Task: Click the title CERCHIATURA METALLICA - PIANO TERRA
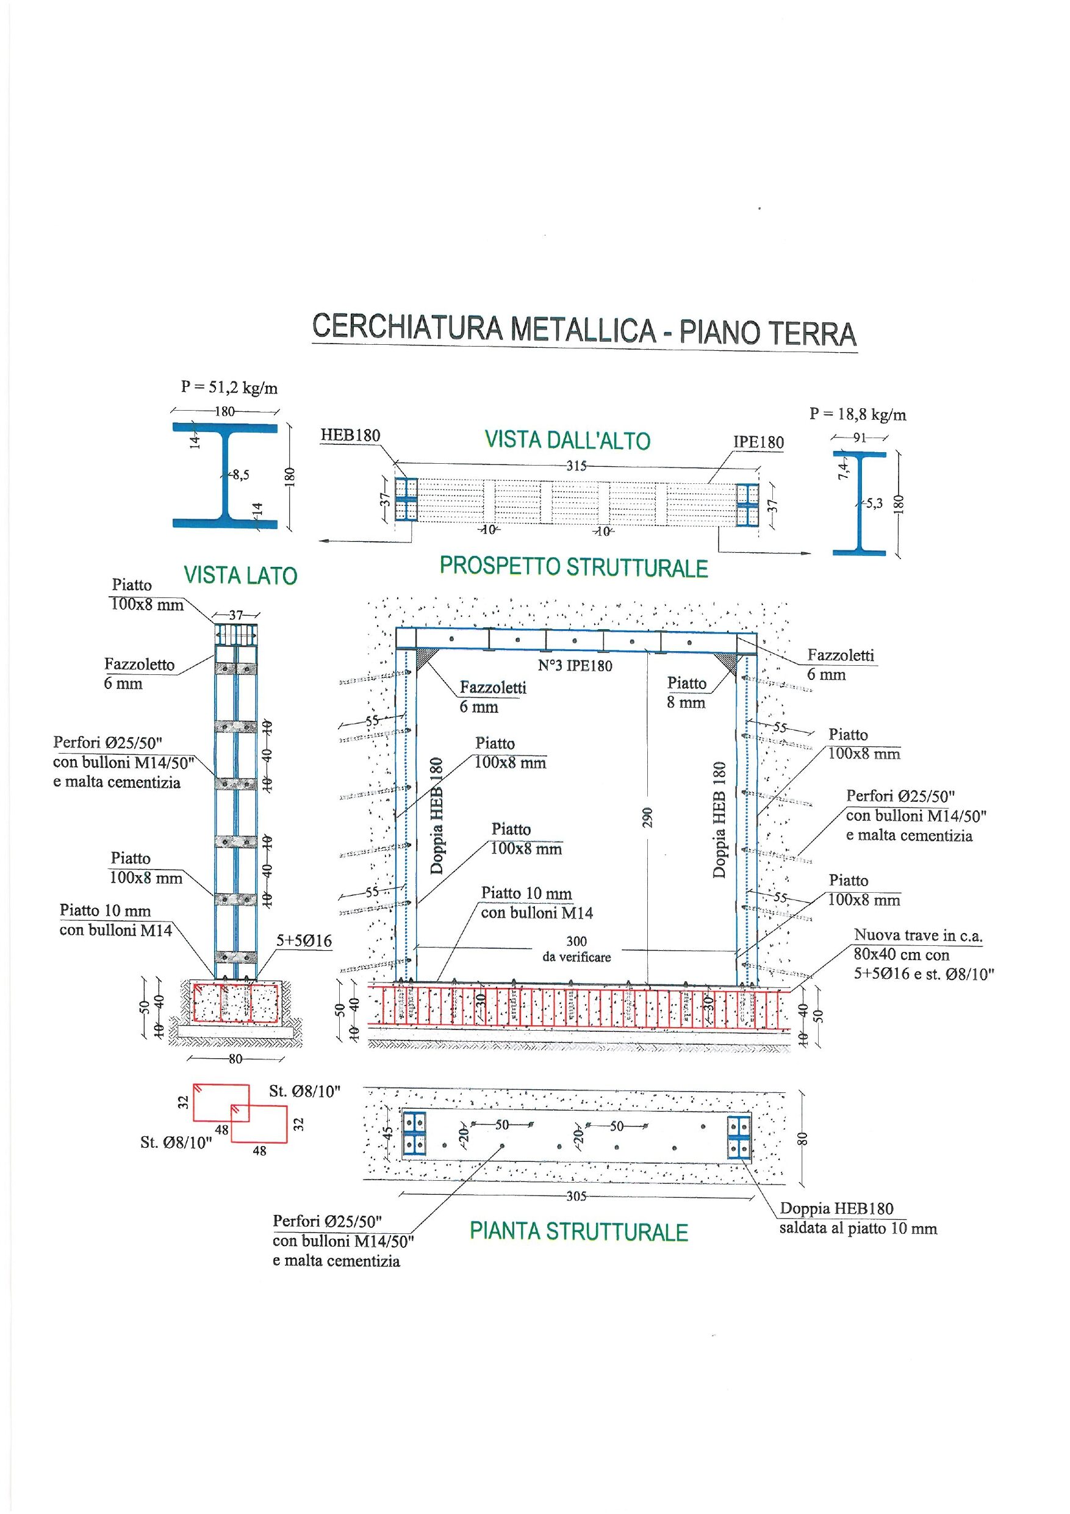(x=584, y=330)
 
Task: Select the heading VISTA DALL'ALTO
(x=567, y=440)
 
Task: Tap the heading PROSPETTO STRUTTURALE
(x=573, y=566)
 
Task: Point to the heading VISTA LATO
(x=240, y=575)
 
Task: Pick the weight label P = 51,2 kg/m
(x=229, y=388)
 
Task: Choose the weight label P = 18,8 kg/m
(x=858, y=415)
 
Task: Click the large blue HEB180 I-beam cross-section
(x=225, y=475)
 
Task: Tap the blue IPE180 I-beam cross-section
(x=859, y=502)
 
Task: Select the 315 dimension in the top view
(x=576, y=466)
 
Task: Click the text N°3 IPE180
(x=575, y=665)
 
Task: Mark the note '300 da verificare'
(x=576, y=949)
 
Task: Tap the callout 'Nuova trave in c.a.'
(x=917, y=934)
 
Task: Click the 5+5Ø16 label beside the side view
(x=304, y=941)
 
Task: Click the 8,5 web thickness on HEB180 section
(x=240, y=475)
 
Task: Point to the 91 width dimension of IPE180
(x=858, y=437)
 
